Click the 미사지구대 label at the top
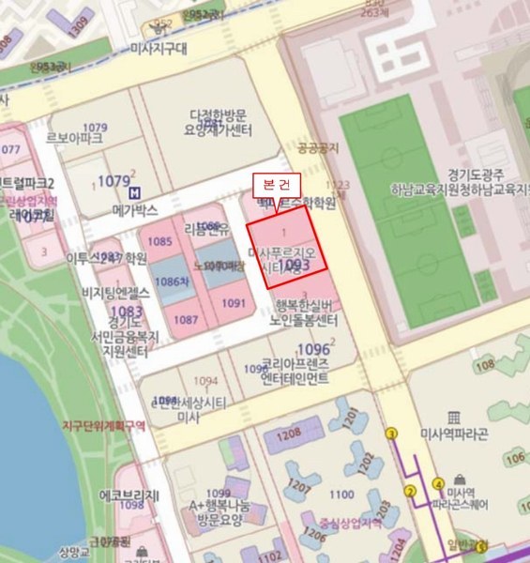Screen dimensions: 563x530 coord(159,48)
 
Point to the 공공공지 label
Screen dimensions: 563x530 coord(316,147)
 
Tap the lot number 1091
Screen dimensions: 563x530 coord(234,302)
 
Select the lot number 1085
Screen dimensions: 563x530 coord(160,242)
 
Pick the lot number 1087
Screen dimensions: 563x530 coord(186,320)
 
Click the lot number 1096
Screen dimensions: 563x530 coord(313,349)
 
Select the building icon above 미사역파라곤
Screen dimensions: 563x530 coord(455,416)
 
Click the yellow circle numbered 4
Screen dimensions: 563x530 coord(438,484)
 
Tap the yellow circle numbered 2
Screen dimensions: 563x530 coord(409,491)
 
